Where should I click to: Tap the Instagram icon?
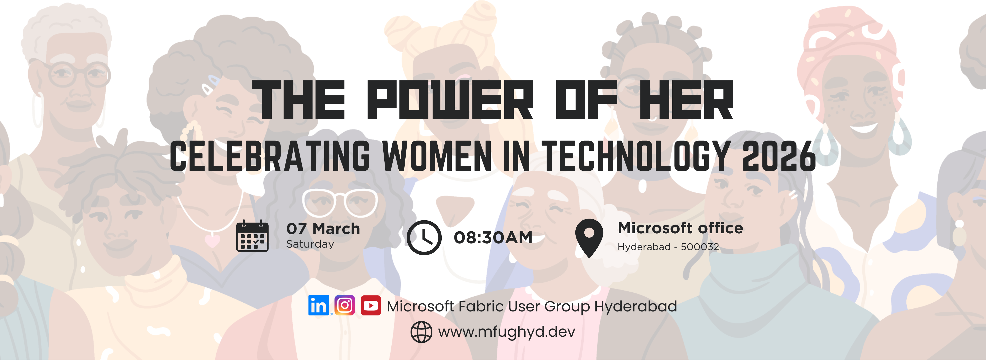pyautogui.click(x=345, y=305)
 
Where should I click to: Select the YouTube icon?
pyautogui.click(x=371, y=305)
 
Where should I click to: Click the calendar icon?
pyautogui.click(x=252, y=236)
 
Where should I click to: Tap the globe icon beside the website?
pyautogui.click(x=421, y=332)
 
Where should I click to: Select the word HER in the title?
pyautogui.click(x=686, y=100)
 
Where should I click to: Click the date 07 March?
pyautogui.click(x=323, y=229)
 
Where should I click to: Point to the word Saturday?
pyautogui.click(x=310, y=244)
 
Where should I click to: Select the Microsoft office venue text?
pyautogui.click(x=680, y=228)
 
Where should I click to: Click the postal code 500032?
pyautogui.click(x=700, y=247)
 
